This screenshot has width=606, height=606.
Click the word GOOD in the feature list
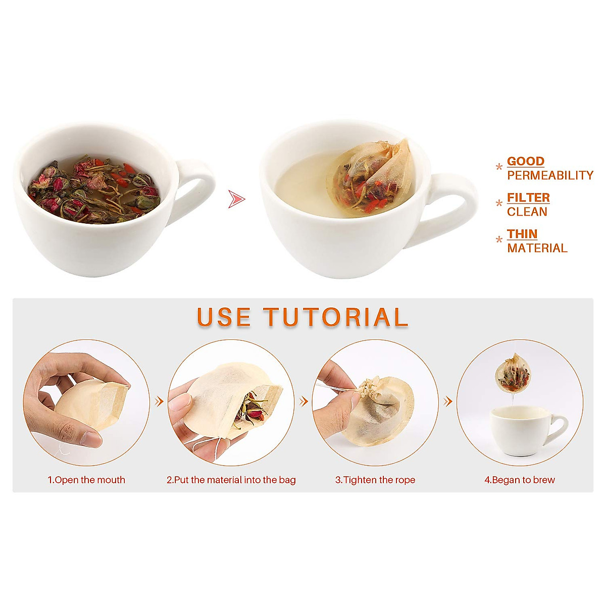tap(525, 162)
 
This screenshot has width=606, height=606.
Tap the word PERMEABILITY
tap(550, 176)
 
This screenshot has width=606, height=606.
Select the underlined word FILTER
tap(528, 198)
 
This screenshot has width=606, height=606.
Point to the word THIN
tap(522, 234)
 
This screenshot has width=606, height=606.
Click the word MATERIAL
tap(537, 248)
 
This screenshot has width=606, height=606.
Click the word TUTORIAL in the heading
tap(336, 318)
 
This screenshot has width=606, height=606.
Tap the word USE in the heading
tap(224, 318)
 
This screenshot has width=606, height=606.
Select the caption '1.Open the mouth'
tap(86, 480)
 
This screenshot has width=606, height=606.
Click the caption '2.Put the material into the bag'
tap(231, 480)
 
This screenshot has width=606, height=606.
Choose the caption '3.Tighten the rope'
tap(375, 480)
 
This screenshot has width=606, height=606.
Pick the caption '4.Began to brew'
tap(520, 480)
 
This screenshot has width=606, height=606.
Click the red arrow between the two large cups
tap(236, 199)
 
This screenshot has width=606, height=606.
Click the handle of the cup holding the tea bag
tap(452, 207)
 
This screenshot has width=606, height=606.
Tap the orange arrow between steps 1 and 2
tap(159, 401)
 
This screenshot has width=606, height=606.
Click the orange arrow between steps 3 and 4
tap(447, 401)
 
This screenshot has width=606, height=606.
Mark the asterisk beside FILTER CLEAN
tap(499, 204)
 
